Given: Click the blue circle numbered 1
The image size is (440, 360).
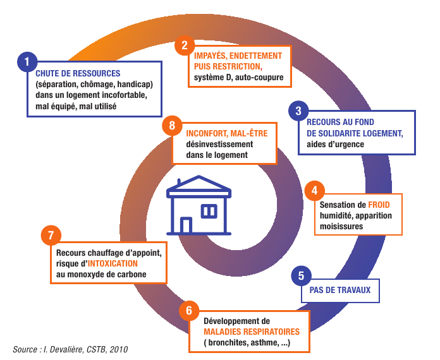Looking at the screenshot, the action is pos(27,62).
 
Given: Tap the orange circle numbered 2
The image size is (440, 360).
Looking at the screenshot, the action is pos(185,45).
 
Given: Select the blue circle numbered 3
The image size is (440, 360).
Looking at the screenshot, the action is pos(298,111).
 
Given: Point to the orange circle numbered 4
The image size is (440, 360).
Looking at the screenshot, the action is pos(315,191).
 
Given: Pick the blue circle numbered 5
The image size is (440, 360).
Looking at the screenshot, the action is pos(302,275).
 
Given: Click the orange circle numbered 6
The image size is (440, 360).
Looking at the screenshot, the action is pos(189,310).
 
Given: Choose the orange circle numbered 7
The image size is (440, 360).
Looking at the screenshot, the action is pos(51,235).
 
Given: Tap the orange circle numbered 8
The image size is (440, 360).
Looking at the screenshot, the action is pos(173,125).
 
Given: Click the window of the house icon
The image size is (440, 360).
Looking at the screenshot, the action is pos(209,211).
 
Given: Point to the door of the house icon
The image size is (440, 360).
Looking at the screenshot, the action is pos(186,225).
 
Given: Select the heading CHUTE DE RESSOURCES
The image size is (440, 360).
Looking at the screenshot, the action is pos(78,73).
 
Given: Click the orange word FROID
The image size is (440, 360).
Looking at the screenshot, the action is pos(379,205).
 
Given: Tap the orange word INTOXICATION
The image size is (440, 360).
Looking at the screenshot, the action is pos(113,263).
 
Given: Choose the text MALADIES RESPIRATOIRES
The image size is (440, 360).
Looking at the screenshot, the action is pos(252,332).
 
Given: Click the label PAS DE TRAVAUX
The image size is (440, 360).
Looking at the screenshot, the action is pos(340,290).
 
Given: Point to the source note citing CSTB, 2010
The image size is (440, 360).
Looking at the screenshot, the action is pos(70,349).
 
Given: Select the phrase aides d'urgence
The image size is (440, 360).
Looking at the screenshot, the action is pos(335,144).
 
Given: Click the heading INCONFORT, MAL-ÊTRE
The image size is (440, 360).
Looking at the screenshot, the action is pos(227,133).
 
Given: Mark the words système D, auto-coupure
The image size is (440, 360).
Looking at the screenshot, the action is pos(239,78).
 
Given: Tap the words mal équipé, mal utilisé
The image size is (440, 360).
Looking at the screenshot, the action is pos(76,106).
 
